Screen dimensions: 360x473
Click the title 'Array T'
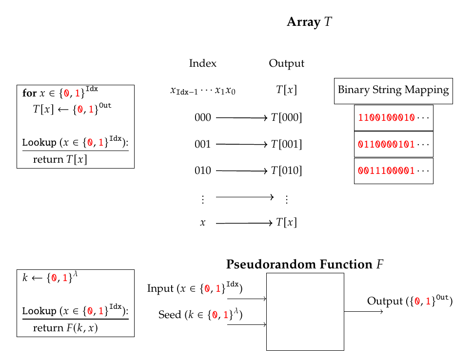point(309,22)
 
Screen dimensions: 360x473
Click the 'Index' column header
point(202,63)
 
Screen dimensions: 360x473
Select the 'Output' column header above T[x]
point(286,63)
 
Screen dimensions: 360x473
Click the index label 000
point(203,118)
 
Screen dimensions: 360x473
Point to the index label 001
point(203,145)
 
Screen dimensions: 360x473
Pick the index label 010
point(203,171)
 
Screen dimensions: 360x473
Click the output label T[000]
point(289,118)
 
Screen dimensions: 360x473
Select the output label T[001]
point(289,145)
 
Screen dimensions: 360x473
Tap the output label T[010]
point(289,171)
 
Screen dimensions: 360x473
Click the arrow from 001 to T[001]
point(242,145)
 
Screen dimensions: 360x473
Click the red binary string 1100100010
point(386,118)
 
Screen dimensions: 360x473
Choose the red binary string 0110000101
point(386,145)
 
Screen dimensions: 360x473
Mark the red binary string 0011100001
point(386,171)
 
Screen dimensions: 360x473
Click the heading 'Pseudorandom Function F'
point(305,265)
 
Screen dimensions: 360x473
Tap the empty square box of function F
point(305,311)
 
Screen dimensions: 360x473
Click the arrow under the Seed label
point(247,324)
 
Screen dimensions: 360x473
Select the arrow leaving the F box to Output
point(364,311)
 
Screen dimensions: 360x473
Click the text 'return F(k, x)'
point(65,328)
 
